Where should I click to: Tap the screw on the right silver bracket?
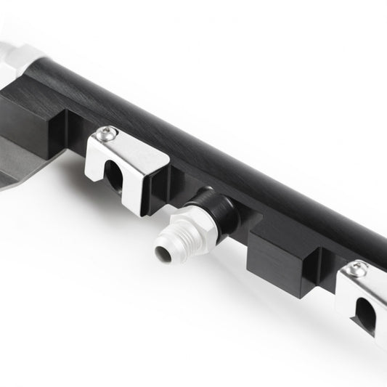point(357,270)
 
